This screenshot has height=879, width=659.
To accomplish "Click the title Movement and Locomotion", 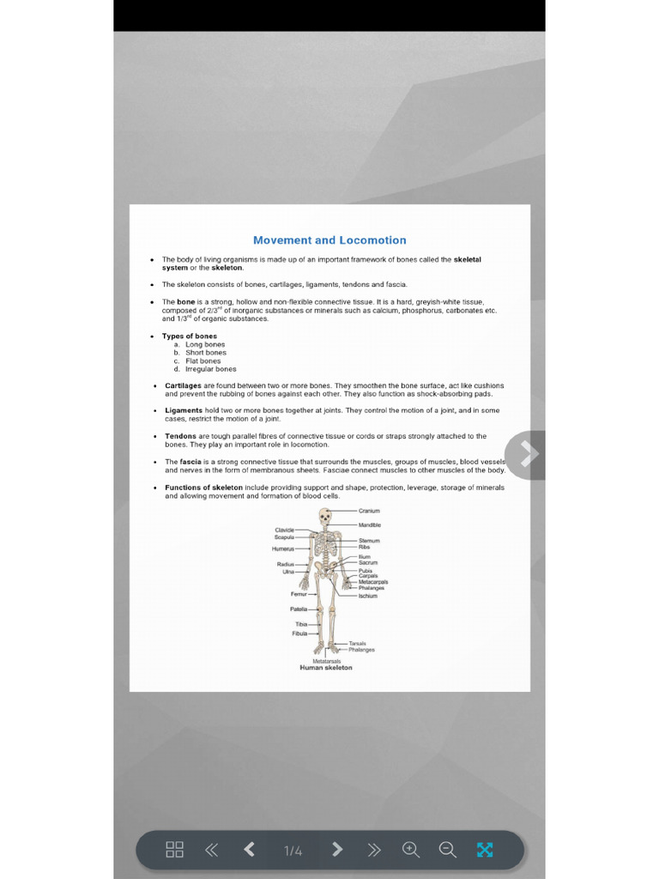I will (329, 240).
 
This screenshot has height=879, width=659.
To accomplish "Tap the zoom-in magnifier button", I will (411, 850).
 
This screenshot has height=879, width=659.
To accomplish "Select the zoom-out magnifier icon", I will (447, 850).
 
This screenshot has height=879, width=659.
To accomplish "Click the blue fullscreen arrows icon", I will (485, 850).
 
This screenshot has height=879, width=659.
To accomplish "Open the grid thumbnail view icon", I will (174, 850).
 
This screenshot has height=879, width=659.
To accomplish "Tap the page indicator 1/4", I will (293, 851).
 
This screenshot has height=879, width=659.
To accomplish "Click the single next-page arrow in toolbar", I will (337, 850).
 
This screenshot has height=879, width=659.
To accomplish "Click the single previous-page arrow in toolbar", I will (250, 850).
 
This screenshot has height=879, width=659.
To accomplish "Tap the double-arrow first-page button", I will (211, 850).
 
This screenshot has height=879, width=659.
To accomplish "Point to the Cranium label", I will (369, 511).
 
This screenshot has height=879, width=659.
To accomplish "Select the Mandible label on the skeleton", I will (370, 524).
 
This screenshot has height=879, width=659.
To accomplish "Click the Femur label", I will (299, 594).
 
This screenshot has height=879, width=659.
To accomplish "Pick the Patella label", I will (298, 609).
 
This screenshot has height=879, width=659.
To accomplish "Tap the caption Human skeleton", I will (326, 668).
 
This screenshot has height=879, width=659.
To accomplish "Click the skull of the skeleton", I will (325, 516).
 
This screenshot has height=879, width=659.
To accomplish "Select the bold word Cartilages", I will (184, 385).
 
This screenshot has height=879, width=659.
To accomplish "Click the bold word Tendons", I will (180, 436).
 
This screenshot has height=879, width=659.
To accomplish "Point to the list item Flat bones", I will (203, 361).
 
